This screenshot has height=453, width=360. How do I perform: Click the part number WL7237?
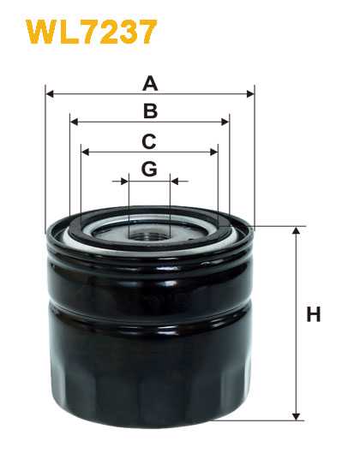click(x=92, y=32)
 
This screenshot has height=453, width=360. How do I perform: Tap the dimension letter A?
click(x=150, y=83)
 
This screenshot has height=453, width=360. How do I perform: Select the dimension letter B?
click(x=150, y=111)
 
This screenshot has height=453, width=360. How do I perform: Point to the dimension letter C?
click(x=149, y=141)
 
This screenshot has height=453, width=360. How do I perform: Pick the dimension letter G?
click(x=149, y=169)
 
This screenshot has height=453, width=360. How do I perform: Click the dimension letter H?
click(x=314, y=314)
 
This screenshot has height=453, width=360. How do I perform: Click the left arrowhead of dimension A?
click(x=50, y=94)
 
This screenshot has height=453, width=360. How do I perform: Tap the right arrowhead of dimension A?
click(x=250, y=94)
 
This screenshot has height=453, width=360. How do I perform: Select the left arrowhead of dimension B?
click(x=75, y=122)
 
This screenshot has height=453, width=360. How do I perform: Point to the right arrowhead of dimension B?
click(x=225, y=122)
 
